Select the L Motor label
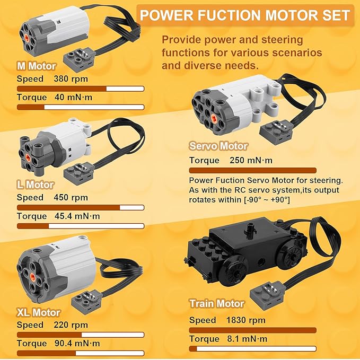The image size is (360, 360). pyautogui.click(x=35, y=185)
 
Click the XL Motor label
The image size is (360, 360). pyautogui.click(x=38, y=312)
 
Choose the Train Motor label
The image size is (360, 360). pyautogui.click(x=217, y=304)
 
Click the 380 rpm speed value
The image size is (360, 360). pyautogui.click(x=71, y=79)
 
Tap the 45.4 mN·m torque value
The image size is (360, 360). pyautogui.click(x=77, y=216)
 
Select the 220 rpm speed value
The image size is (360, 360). pyautogui.click(x=71, y=325)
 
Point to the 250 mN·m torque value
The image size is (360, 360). pyautogui.click(x=251, y=160)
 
